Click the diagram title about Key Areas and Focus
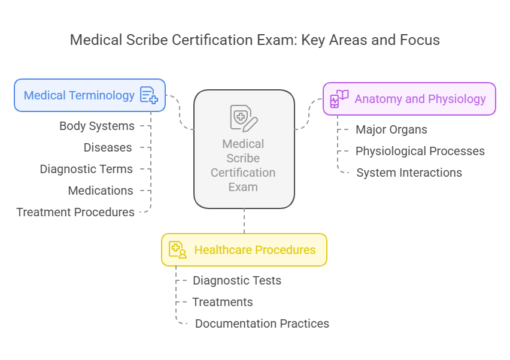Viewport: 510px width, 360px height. [x=254, y=40]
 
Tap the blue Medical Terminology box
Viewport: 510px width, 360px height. [x=90, y=95]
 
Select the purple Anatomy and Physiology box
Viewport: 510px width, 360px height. [x=409, y=99]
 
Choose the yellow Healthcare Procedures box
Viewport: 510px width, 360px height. [x=244, y=250]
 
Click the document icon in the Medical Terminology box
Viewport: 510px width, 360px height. [x=148, y=95]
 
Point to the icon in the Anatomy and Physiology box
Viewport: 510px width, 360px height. [x=339, y=99]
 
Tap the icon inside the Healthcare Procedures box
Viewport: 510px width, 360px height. [x=178, y=250]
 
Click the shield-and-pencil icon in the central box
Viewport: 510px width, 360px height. [x=244, y=117]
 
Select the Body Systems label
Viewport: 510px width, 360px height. [x=97, y=126]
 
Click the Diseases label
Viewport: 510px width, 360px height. [x=108, y=147]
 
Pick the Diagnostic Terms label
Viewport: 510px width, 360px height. [x=86, y=169]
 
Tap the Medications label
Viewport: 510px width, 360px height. [x=101, y=190]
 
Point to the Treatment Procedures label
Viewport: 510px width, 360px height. [x=75, y=212]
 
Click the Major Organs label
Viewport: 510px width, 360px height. [x=391, y=129]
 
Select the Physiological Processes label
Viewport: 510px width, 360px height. [x=420, y=151]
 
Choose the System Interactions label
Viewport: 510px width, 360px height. [x=409, y=173]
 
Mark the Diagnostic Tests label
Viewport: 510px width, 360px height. [x=237, y=280]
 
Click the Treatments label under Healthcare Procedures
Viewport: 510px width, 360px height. [x=223, y=302]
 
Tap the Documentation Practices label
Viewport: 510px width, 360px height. [x=262, y=323]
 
